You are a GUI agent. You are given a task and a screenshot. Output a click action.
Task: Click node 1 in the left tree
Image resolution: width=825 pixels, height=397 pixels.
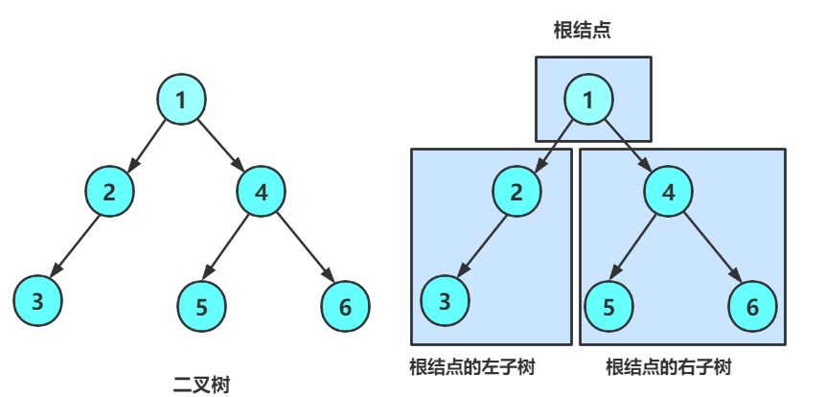click(181, 99)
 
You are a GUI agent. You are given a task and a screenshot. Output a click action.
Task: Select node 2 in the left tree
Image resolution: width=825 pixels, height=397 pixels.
click(110, 191)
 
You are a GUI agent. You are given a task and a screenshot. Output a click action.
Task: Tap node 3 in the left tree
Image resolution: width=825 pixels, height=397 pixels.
click(37, 302)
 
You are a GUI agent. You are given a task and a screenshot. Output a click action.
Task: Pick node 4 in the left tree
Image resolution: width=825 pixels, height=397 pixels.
click(262, 191)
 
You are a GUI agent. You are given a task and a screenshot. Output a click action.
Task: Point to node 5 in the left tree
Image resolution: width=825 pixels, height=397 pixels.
click(201, 307)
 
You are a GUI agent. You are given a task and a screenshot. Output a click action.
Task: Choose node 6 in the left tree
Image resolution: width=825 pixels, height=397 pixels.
click(345, 306)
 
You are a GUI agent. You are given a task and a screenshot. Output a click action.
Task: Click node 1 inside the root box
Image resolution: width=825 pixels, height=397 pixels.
click(588, 99)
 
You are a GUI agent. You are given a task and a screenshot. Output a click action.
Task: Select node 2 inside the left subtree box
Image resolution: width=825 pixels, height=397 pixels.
click(517, 191)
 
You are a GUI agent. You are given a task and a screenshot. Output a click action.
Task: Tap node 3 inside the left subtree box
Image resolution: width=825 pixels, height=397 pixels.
click(445, 302)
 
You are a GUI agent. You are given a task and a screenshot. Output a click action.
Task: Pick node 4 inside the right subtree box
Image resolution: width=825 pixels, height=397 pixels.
click(669, 191)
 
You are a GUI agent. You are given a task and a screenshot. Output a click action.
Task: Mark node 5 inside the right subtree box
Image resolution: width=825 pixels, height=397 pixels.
click(609, 306)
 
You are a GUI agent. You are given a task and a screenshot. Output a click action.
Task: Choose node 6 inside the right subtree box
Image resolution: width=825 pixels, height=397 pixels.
click(752, 306)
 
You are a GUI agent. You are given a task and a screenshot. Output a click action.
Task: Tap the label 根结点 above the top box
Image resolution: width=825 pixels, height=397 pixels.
click(583, 31)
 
